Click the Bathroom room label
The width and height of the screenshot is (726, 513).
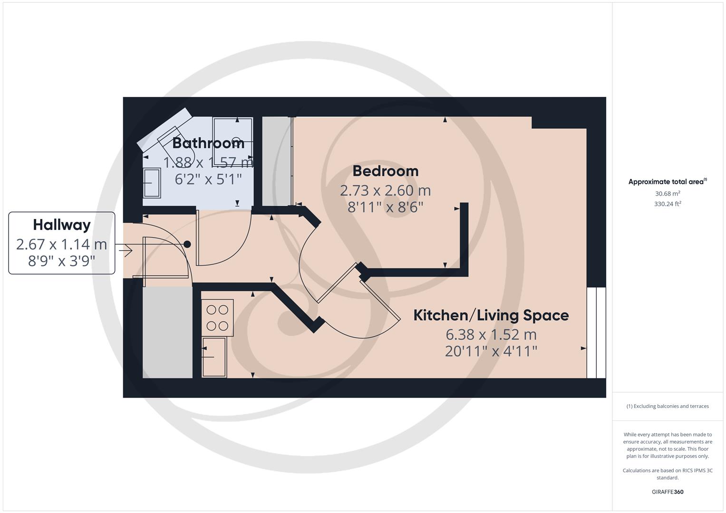point(208,143)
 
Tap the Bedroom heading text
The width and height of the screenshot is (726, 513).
point(386,171)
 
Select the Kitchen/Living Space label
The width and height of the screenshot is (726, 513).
point(491,315)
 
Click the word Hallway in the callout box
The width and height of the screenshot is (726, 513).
point(62,225)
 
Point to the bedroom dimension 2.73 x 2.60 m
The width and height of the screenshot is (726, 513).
point(386,190)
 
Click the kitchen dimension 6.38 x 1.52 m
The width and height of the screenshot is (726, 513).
point(491,334)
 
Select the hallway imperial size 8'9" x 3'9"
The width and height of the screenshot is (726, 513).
point(62,261)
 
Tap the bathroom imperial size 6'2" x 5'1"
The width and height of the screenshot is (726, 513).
point(208,179)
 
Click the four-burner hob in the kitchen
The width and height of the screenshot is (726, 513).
point(217,318)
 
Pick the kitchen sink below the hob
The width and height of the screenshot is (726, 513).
point(214,357)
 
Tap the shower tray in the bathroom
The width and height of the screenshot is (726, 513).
point(232,141)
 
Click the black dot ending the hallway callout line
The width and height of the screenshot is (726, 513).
point(187,244)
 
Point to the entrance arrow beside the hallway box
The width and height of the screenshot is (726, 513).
point(126,250)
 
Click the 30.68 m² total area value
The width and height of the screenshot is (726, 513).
point(668,194)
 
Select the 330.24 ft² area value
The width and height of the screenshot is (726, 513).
point(668,204)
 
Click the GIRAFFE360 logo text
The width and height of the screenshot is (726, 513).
point(668,492)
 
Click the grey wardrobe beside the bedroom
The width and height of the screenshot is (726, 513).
point(277,161)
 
